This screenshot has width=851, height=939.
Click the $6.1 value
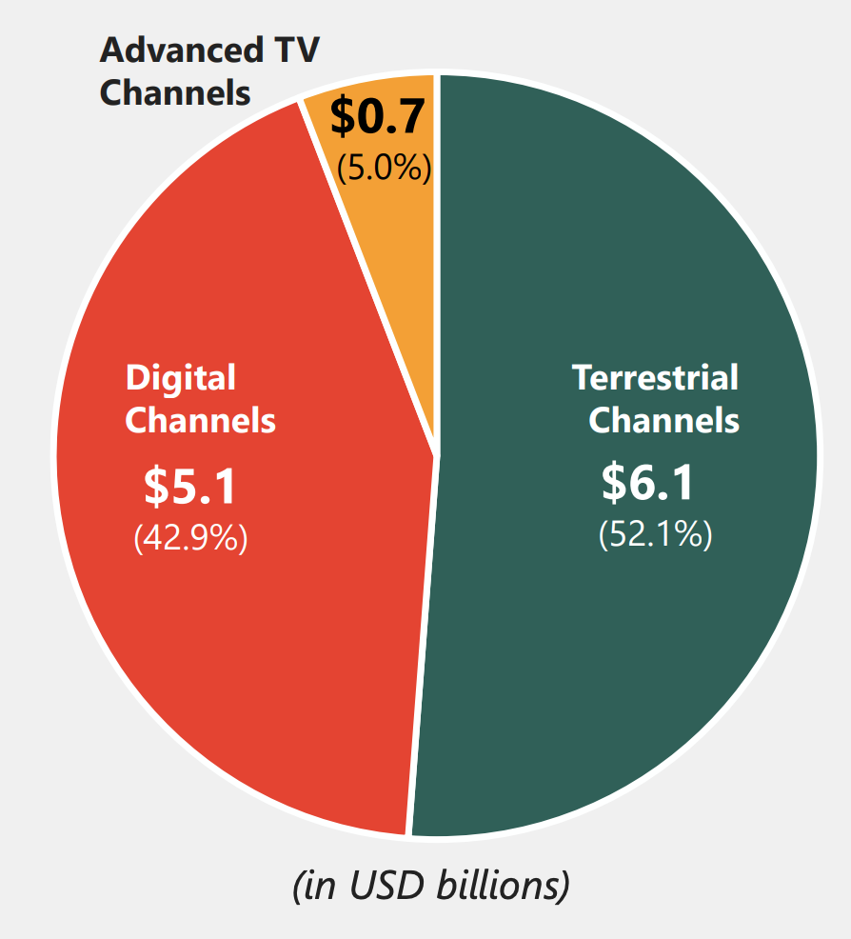[x=648, y=483]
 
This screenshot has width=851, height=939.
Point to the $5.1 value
[x=190, y=486]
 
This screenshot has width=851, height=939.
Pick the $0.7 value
[x=377, y=116]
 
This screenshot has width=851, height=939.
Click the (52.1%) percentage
[x=655, y=534]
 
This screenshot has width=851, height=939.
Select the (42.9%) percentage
[x=190, y=539]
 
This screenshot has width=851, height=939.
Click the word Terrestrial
[x=655, y=378]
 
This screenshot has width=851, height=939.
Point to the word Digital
[x=181, y=378]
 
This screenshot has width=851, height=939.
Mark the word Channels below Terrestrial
[x=663, y=420]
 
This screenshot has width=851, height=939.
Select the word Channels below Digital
[x=201, y=420]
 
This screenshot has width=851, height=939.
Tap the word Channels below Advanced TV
[x=175, y=93]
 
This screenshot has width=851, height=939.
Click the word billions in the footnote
[x=502, y=886]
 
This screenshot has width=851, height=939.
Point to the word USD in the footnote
[x=389, y=886]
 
